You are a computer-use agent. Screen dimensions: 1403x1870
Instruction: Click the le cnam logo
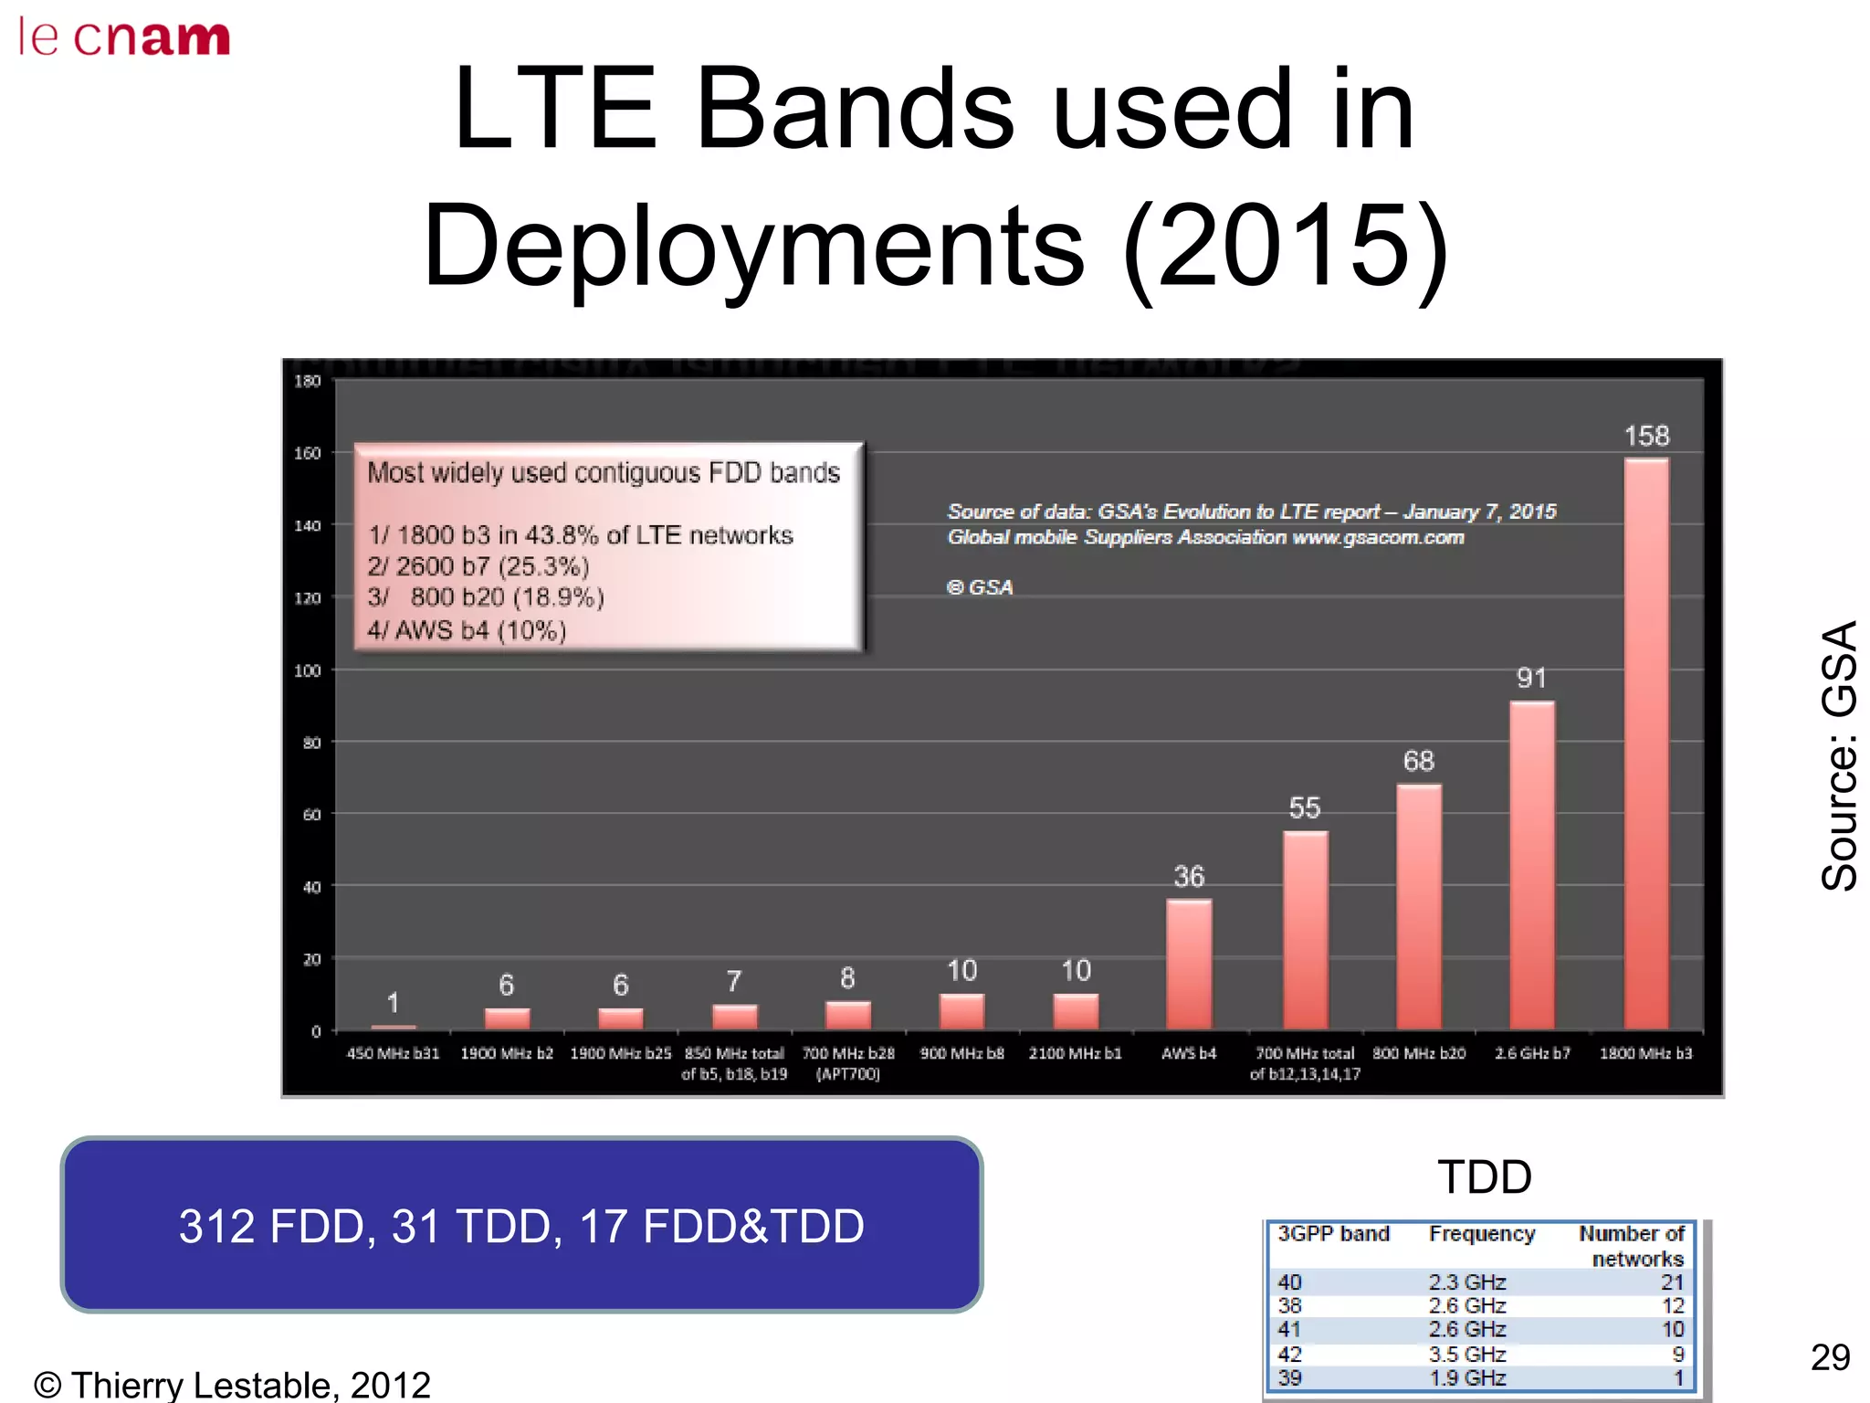click(x=124, y=37)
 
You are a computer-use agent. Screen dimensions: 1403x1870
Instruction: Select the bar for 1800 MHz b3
click(x=1645, y=744)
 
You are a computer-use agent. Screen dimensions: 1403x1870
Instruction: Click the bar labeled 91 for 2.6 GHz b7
click(x=1531, y=866)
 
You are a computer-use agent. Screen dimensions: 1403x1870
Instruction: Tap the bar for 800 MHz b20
click(x=1418, y=907)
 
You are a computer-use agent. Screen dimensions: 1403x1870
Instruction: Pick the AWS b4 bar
click(x=1189, y=965)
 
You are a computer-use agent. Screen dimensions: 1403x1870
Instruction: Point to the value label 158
click(x=1645, y=436)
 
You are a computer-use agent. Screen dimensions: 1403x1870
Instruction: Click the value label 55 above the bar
click(x=1304, y=807)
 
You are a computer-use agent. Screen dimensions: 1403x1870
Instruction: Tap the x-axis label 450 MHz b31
click(x=393, y=1053)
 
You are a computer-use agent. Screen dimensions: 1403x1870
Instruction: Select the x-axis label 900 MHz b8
click(x=961, y=1053)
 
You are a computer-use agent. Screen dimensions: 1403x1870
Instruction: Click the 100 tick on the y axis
click(x=308, y=670)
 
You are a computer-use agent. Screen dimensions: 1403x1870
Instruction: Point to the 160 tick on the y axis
click(x=308, y=453)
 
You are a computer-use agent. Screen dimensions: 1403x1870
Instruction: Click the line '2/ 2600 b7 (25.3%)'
click(x=478, y=566)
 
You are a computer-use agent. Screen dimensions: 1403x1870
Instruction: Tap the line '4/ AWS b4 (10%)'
click(x=467, y=630)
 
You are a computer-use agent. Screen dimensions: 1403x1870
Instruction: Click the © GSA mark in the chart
click(x=980, y=587)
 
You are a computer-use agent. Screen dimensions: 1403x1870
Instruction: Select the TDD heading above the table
click(x=1485, y=1176)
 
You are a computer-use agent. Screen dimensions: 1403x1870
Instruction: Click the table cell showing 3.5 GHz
click(x=1466, y=1354)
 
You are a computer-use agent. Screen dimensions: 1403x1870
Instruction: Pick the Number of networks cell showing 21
click(x=1671, y=1282)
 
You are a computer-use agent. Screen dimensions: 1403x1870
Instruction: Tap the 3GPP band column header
click(x=1332, y=1234)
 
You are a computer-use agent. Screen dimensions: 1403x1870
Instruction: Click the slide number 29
click(x=1830, y=1357)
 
